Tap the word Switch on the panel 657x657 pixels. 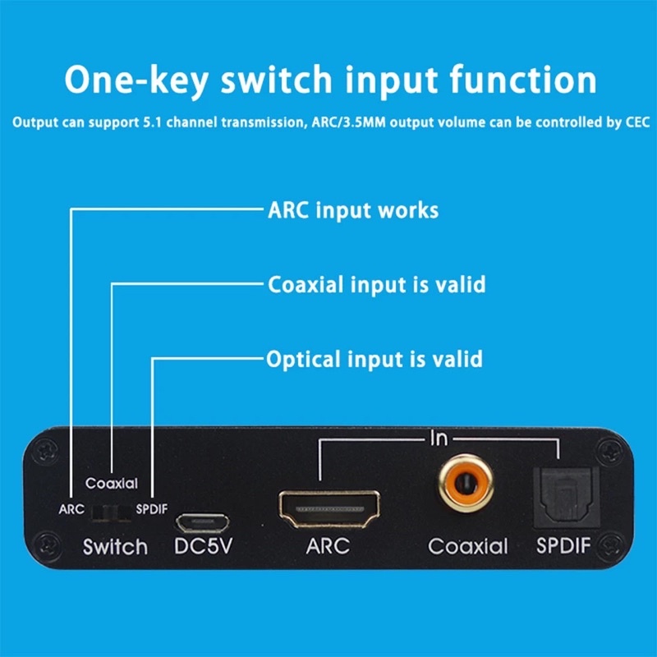click(115, 547)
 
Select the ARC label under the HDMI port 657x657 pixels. click(329, 546)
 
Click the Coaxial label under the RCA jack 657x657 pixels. click(467, 546)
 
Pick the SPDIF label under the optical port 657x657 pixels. click(563, 546)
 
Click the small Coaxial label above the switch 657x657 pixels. click(112, 484)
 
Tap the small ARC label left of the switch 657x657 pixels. click(71, 509)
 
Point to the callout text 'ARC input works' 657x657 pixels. click(353, 210)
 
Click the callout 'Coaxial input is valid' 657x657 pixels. click(377, 285)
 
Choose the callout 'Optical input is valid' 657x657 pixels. click(374, 359)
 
